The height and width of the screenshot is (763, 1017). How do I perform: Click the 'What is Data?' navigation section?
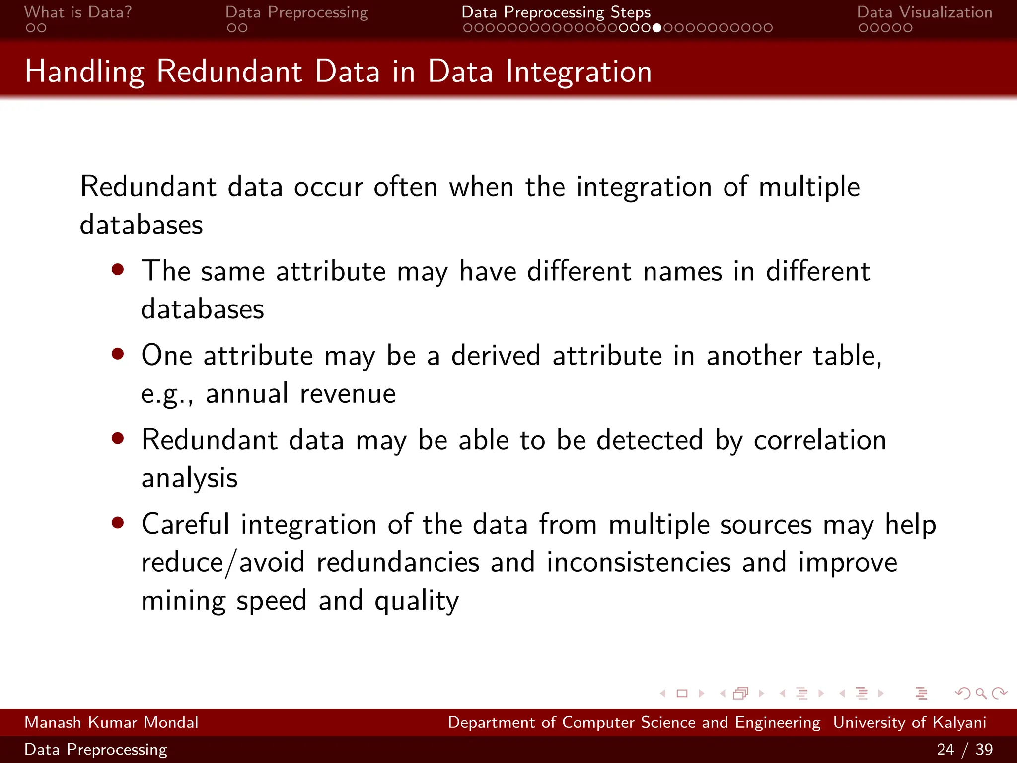tap(78, 12)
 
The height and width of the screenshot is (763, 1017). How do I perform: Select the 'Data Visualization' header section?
tap(924, 12)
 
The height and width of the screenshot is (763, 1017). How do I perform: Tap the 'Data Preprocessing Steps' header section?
tap(556, 12)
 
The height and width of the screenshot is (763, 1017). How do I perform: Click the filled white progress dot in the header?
tap(657, 28)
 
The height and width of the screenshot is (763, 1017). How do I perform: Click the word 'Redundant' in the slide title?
tap(229, 72)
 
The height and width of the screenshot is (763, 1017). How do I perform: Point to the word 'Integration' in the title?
tap(579, 72)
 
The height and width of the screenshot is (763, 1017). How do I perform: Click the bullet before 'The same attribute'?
tap(118, 270)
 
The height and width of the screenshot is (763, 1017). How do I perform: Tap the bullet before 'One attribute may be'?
tap(118, 354)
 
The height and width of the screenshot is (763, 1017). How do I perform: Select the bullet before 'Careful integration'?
tap(118, 523)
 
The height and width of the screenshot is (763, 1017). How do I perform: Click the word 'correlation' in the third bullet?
tap(820, 440)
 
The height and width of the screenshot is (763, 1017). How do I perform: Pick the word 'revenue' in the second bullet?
tap(348, 394)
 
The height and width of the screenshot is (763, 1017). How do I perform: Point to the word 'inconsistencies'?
tap(639, 562)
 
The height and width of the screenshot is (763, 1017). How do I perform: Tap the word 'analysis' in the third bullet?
tap(189, 478)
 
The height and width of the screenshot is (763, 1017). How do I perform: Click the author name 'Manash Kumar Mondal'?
tap(111, 722)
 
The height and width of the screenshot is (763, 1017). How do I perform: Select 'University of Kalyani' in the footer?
tap(909, 722)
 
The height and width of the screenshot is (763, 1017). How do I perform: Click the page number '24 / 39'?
tap(964, 749)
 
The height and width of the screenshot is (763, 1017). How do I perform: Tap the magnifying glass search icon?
tap(981, 693)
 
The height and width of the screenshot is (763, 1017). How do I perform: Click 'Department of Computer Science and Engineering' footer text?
tap(634, 722)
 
